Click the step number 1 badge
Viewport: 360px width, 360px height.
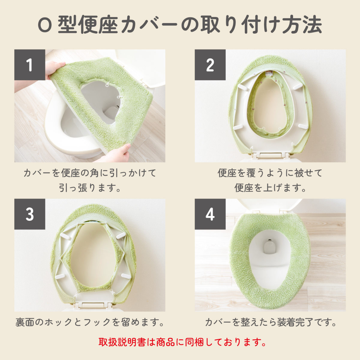pyautogui.click(x=30, y=65)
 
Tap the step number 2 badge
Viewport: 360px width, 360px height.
pyautogui.click(x=210, y=65)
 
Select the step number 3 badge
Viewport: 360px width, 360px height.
pyautogui.click(x=30, y=214)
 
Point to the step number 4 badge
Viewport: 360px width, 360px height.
pyautogui.click(x=210, y=214)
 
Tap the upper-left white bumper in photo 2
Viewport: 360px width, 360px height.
pyautogui.click(x=242, y=87)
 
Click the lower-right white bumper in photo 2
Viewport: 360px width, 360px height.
pyautogui.click(x=303, y=126)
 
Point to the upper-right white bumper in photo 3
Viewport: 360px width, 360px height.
pyautogui.click(x=121, y=236)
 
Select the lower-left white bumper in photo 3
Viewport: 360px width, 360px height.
pyautogui.click(x=61, y=276)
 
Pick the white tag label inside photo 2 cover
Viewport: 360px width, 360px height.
pyautogui.click(x=270, y=73)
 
